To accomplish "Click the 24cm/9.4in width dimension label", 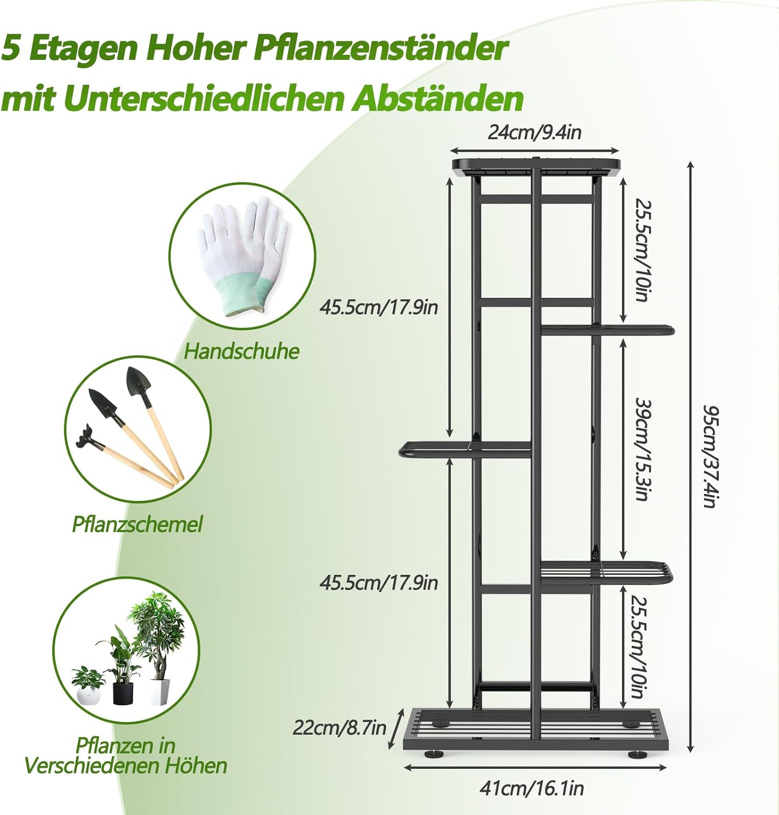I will (x=535, y=132).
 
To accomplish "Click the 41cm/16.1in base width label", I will (x=531, y=788).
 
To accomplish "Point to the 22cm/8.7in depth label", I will (x=340, y=727).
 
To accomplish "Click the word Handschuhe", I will (x=242, y=351).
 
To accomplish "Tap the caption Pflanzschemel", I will (x=137, y=524).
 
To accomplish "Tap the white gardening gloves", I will (x=242, y=255).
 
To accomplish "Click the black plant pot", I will (x=123, y=693).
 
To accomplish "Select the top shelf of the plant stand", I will (x=536, y=165).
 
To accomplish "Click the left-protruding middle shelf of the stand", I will (x=464, y=449).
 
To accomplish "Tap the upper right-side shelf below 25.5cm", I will (x=607, y=330).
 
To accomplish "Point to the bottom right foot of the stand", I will (x=637, y=754).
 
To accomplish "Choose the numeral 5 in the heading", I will (x=12, y=49).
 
